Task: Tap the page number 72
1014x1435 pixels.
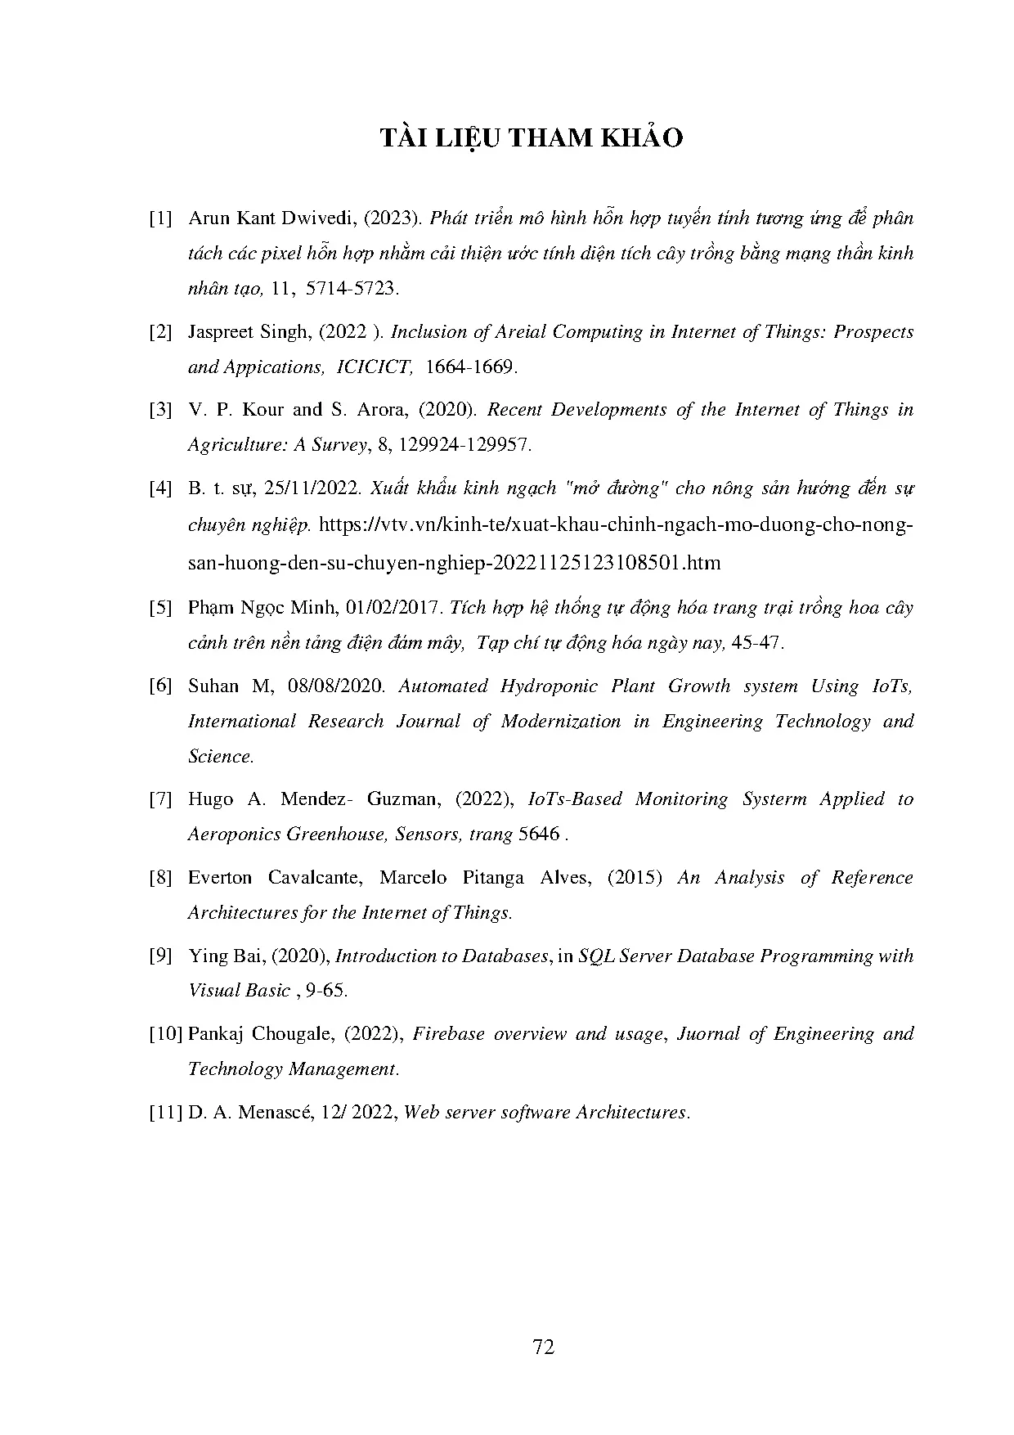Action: [x=543, y=1347]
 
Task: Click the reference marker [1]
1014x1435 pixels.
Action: [x=160, y=219]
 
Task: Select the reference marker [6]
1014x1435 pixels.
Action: [x=160, y=686]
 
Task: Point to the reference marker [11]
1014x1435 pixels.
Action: [x=165, y=1113]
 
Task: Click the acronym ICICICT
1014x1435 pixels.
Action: [x=374, y=367]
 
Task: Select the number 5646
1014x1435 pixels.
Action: [x=538, y=834]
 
